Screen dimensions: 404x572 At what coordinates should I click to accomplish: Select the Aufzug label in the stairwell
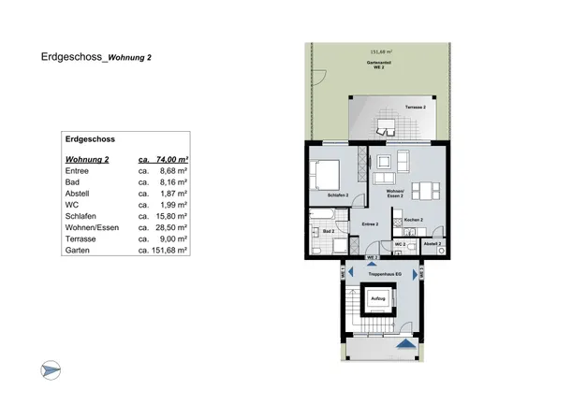[378, 299]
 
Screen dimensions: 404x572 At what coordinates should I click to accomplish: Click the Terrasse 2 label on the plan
[415, 108]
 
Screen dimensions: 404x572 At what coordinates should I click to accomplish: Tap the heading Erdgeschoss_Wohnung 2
[96, 57]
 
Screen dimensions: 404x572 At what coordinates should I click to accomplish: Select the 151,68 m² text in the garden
[382, 53]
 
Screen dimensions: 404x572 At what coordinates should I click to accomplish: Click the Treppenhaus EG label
[384, 274]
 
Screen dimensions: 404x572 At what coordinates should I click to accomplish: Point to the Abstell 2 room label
[431, 243]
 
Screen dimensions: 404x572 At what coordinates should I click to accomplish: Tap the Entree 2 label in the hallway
[370, 224]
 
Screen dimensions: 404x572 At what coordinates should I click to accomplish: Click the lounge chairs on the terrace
[386, 123]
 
